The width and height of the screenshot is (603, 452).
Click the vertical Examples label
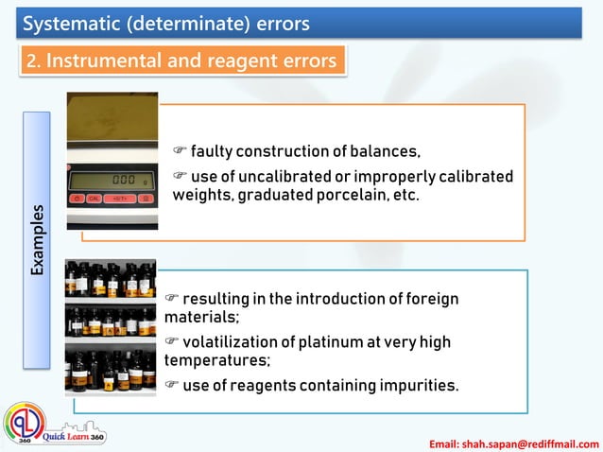pyautogui.click(x=37, y=239)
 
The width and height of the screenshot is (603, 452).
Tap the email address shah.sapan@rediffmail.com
pyautogui.click(x=514, y=443)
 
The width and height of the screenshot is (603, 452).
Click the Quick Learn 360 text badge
pyautogui.click(x=76, y=437)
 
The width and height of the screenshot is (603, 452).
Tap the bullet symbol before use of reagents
pyautogui.click(x=171, y=385)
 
